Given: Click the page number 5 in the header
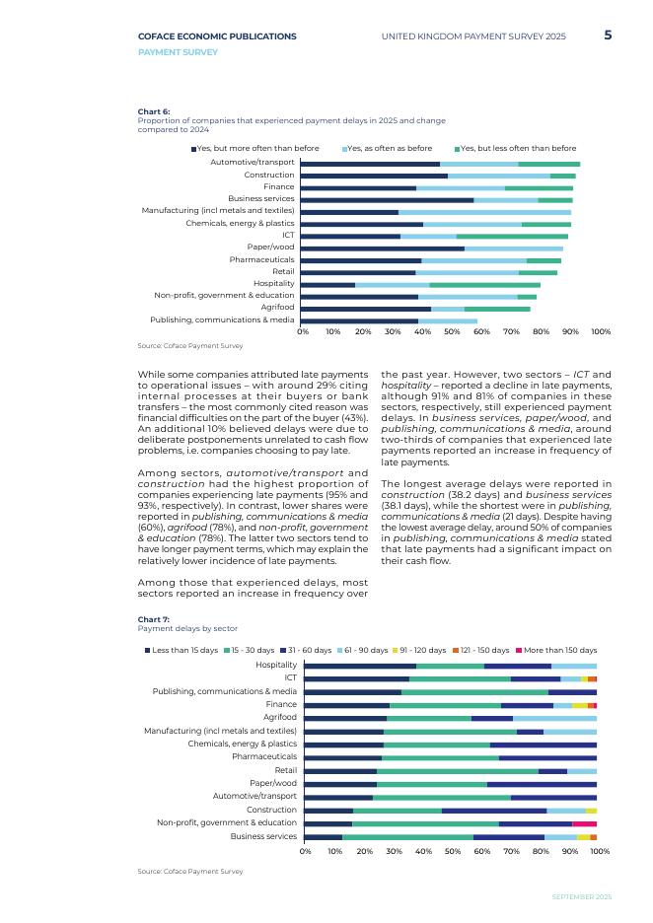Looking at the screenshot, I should tap(608, 35).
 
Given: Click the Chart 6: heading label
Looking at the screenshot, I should tap(154, 112).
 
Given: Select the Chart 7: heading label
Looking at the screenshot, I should tap(154, 619).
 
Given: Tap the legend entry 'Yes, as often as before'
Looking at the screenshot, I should tap(389, 149).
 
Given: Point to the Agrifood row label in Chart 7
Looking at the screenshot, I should tap(280, 718).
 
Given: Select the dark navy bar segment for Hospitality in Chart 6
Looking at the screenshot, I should tap(327, 285).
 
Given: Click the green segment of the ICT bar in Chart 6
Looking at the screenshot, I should tap(512, 237).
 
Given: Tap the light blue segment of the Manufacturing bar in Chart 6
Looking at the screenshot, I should tap(484, 212).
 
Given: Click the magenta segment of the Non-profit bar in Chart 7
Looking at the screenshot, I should tap(584, 823).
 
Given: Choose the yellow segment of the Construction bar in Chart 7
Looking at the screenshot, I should tap(591, 811).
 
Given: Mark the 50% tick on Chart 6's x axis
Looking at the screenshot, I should tap(452, 332).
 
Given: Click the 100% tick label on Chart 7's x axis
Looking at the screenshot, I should tap(600, 851).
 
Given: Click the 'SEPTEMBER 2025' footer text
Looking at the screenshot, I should tap(581, 896).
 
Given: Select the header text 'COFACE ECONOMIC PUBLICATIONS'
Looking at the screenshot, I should tap(217, 36).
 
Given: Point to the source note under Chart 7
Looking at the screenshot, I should tap(190, 872).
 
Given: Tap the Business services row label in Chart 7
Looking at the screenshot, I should tap(263, 836).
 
